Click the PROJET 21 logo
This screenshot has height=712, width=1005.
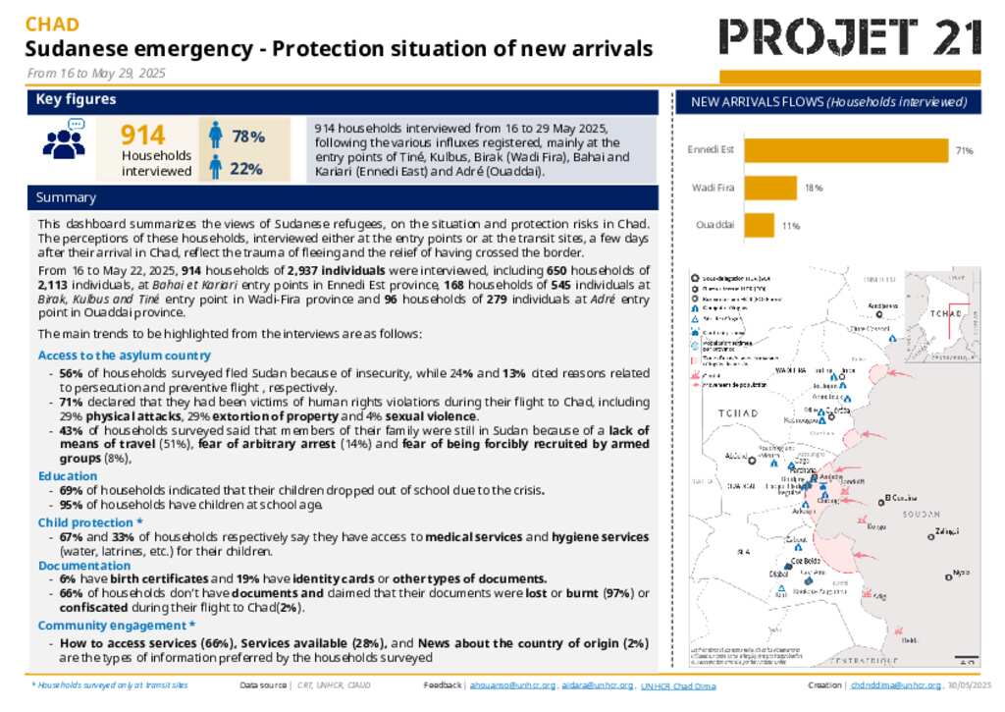(x=850, y=36)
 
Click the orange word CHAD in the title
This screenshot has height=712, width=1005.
(x=52, y=25)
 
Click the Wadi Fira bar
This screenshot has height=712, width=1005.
(x=770, y=188)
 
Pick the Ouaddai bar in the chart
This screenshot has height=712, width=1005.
(x=759, y=226)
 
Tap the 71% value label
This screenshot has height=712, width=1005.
(x=965, y=151)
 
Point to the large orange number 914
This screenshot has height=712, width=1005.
(x=142, y=136)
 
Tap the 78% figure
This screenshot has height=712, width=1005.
(x=247, y=137)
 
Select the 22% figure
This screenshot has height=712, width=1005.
(x=245, y=169)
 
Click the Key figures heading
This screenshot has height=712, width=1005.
(x=77, y=100)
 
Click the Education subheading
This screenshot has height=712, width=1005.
(x=67, y=476)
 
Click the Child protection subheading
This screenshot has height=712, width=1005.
(x=90, y=522)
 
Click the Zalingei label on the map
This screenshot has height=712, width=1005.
(x=946, y=531)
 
